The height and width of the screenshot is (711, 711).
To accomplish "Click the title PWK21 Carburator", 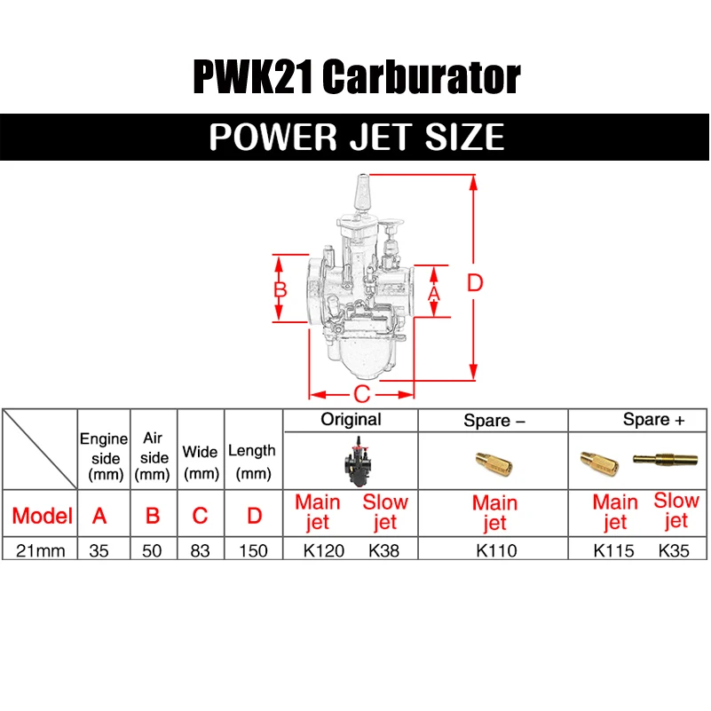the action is tap(355, 78).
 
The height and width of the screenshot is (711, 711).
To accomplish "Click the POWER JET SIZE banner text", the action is tap(356, 138).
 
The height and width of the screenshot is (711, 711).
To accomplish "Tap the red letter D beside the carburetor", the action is tap(475, 283).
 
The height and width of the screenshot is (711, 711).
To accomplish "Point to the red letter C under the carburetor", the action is tap(361, 394).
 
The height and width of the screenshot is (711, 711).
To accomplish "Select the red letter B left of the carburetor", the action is tap(280, 289).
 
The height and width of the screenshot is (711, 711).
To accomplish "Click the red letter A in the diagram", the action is tap(434, 290).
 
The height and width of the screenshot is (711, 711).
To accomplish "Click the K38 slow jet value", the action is tap(383, 550).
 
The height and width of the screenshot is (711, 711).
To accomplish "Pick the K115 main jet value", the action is tap(613, 550).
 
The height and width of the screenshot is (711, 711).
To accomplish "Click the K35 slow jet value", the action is tap(673, 550).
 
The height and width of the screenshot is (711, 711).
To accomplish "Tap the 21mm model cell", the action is tap(41, 550).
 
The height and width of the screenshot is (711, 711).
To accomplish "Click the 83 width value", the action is tap(201, 550).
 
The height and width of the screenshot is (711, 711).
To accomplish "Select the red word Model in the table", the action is tap(42, 515).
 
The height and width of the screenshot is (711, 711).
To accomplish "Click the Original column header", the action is tap(351, 419).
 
